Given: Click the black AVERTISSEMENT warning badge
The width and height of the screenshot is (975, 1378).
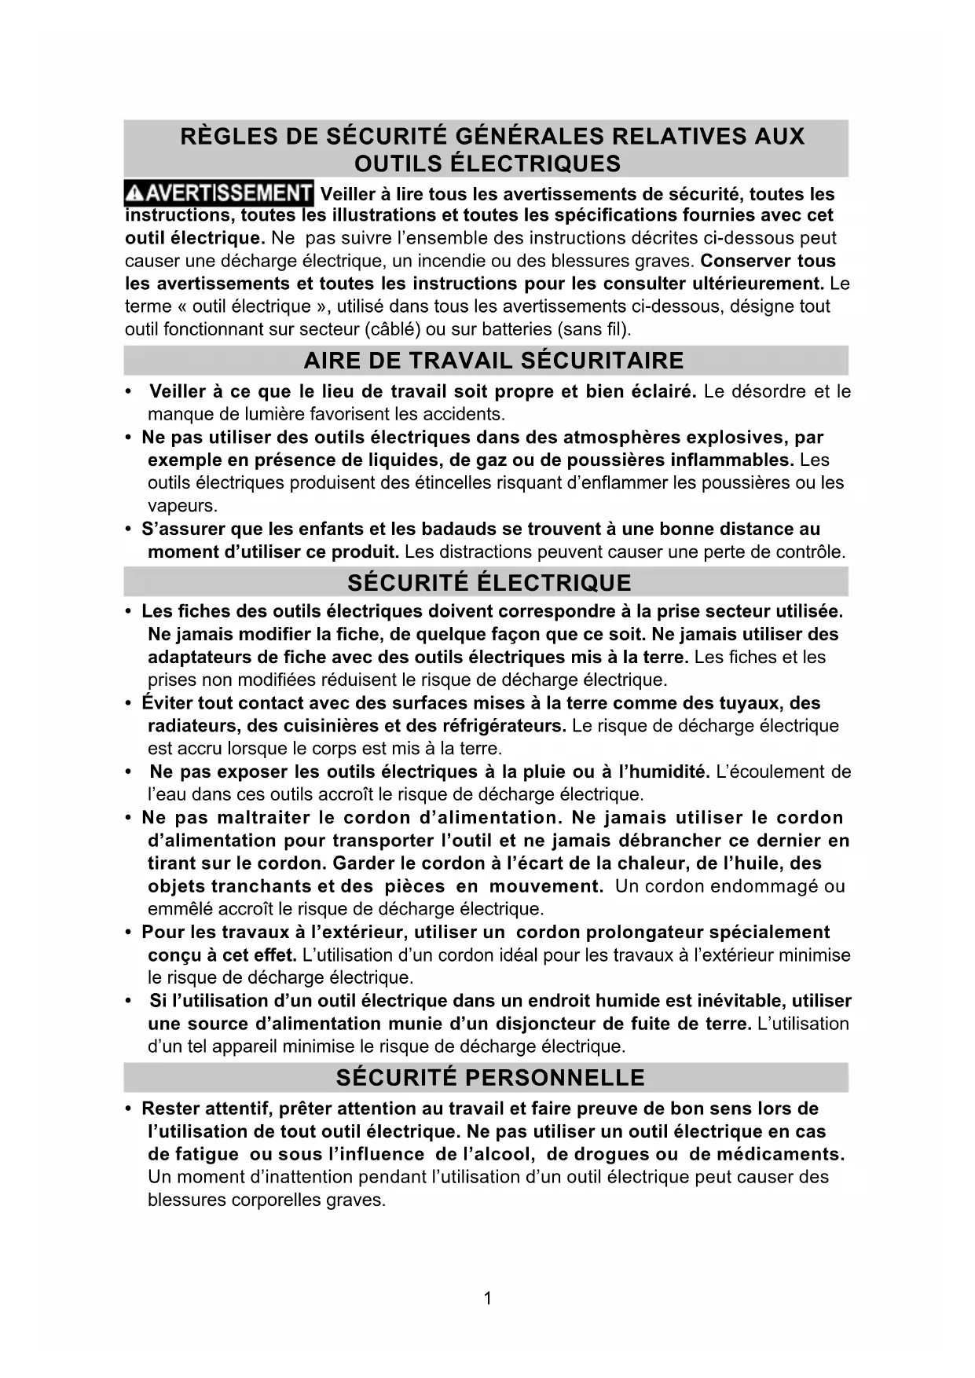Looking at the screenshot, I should pyautogui.click(x=219, y=192).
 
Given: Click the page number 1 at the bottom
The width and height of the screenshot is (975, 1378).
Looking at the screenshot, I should pyautogui.click(x=488, y=1298).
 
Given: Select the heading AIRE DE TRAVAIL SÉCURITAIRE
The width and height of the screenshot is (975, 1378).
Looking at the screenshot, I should pyautogui.click(x=493, y=361).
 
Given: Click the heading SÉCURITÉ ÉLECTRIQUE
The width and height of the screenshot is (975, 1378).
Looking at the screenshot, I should pyautogui.click(x=489, y=583).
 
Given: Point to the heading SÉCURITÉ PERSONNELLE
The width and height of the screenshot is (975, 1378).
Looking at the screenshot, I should pyautogui.click(x=490, y=1078).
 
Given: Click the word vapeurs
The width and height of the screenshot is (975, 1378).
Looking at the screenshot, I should pyautogui.click(x=181, y=506).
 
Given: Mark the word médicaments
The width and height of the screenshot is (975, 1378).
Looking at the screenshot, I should pyautogui.click(x=785, y=1154).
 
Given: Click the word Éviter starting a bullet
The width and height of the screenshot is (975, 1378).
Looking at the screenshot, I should pyautogui.click(x=167, y=703).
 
